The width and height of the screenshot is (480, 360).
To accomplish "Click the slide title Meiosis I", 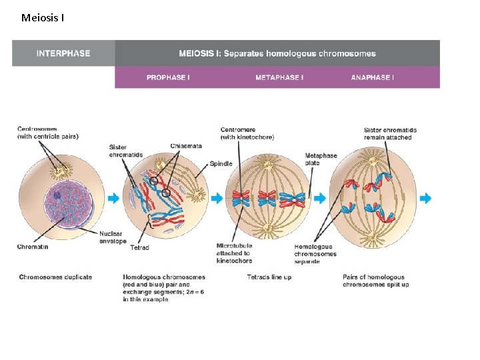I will tap(43, 17).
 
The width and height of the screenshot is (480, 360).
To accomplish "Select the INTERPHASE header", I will tap(63, 53).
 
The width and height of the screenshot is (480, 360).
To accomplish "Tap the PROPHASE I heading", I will tap(168, 77).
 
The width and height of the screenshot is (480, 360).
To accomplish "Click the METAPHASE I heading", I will tap(279, 77).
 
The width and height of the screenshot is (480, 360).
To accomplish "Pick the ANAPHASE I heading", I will tap(372, 77).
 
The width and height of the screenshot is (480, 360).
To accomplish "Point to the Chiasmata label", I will tap(186, 146).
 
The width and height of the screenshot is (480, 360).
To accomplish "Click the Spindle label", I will tap(221, 163).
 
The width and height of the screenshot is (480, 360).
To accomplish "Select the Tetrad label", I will tap(140, 247).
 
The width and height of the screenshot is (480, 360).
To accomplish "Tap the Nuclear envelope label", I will tap(113, 237).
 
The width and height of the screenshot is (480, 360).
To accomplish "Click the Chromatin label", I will tap(33, 247).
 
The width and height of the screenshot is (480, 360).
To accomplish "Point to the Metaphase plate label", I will tap(321, 159).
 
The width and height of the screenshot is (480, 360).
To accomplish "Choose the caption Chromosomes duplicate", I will tap(55, 277).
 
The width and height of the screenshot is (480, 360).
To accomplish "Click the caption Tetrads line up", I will tap(269, 277).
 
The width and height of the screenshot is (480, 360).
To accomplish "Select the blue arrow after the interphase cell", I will tap(113, 198).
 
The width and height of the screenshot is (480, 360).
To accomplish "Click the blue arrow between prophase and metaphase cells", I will tap(217, 198).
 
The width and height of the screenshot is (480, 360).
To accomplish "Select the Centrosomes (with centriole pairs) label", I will tap(47, 133).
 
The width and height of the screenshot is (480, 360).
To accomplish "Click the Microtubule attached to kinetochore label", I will tap(233, 253).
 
